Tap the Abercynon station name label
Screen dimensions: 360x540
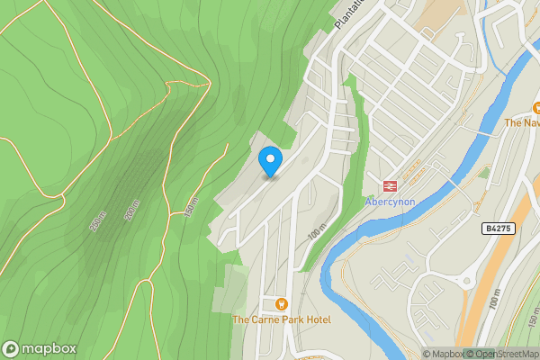tap(390, 202)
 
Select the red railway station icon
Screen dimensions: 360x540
tap(391, 186)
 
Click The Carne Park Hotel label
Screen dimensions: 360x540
tap(282, 320)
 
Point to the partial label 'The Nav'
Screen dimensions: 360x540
tap(521, 122)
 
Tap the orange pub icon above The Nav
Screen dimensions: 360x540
tap(535, 107)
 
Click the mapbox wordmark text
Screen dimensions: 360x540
tap(49, 349)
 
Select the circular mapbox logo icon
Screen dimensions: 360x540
tap(11, 349)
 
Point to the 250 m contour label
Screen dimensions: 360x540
tap(97, 220)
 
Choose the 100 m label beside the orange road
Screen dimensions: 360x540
tap(493, 302)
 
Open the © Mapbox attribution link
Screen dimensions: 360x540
tap(443, 354)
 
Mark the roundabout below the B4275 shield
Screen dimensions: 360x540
tap(467, 281)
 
